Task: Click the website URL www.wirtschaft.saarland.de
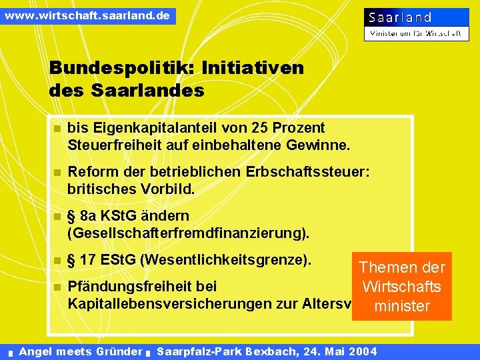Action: [x=87, y=15]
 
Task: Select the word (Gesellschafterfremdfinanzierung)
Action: [x=189, y=233]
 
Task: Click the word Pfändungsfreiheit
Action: [x=142, y=287]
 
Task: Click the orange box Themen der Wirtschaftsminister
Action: [x=401, y=287]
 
